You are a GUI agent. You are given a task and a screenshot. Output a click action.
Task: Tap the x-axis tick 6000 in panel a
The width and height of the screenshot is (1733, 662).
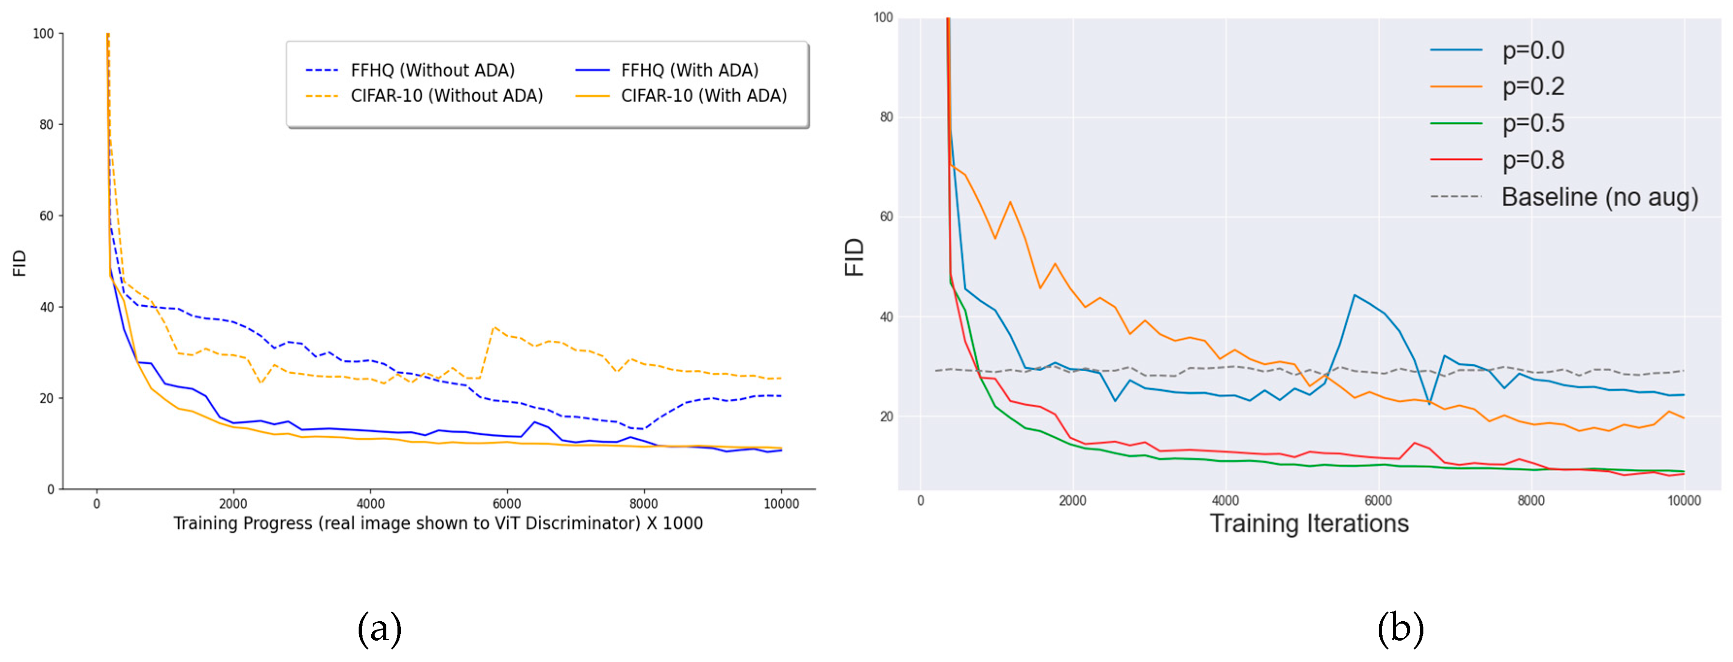pos(507,504)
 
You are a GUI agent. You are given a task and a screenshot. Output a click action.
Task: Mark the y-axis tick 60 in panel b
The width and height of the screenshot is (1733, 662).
pos(886,216)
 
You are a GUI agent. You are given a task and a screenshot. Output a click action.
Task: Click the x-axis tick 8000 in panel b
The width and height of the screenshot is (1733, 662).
pos(1531,500)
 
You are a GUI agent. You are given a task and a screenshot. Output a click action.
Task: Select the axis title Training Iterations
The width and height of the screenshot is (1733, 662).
pos(1308,523)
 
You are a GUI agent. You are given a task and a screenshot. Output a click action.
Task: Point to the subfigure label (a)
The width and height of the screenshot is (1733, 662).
pos(380,629)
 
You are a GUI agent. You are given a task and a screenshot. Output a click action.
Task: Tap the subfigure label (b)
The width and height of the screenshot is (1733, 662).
pos(1401,629)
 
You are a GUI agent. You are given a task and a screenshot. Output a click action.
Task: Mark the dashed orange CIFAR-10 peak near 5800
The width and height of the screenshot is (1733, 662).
pos(495,327)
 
